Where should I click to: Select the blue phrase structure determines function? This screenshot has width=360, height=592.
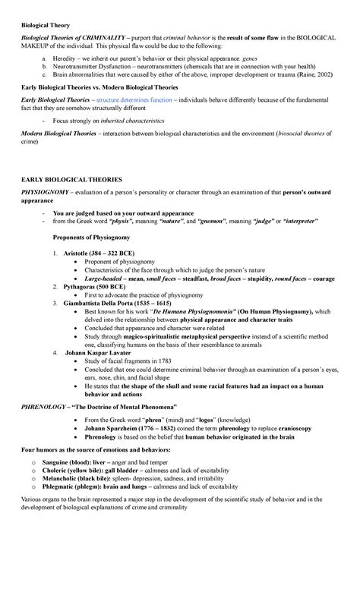click(140, 99)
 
